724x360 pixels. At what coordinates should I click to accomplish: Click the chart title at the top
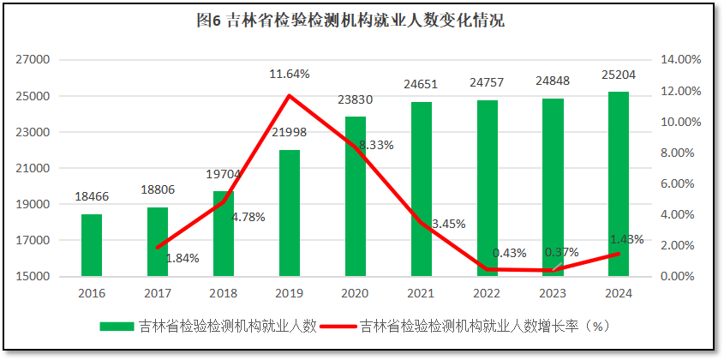pos(362,21)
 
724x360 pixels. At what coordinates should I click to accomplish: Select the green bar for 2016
pos(92,245)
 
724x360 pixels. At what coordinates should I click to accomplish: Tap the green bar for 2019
pos(290,213)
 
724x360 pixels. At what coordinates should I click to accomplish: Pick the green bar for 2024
pos(619,184)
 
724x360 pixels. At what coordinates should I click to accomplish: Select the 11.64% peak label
pos(290,75)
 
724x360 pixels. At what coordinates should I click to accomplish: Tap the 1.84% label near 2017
pos(182,258)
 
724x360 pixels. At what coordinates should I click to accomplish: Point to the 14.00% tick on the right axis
pos(681,60)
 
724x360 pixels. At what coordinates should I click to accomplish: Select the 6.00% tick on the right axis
pos(681,184)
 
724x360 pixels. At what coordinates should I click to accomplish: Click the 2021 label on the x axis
pos(421,293)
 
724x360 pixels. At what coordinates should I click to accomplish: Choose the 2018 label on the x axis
pos(224,293)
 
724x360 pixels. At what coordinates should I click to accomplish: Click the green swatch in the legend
pos(117,327)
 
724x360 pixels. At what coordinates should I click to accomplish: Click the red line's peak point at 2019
pos(290,95)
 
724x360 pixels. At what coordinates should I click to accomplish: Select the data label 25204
pos(619,75)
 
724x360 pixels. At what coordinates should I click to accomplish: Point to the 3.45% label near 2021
pos(448,225)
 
